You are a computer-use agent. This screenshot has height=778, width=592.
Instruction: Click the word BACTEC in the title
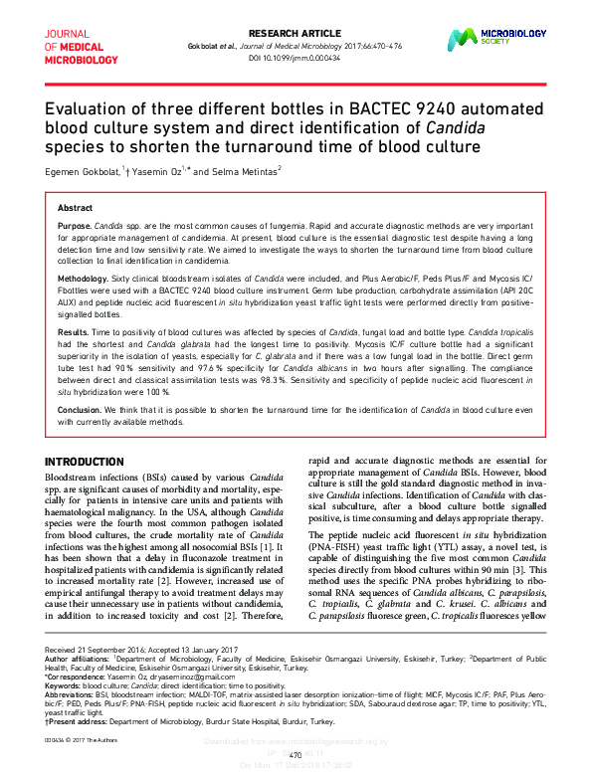click(375, 108)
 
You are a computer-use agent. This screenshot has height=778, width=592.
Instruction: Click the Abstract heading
click(75, 208)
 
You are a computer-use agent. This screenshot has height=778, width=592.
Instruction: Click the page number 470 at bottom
click(296, 755)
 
